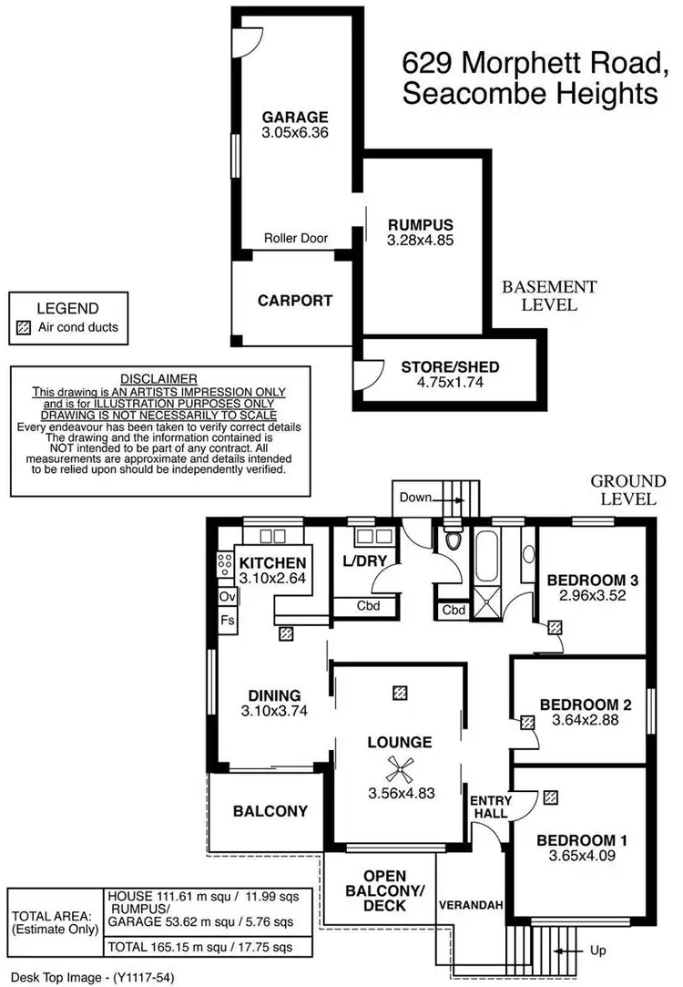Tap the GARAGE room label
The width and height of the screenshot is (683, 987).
tap(295, 117)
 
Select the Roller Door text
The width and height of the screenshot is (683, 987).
tap(296, 238)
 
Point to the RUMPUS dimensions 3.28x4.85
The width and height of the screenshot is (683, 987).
tap(421, 241)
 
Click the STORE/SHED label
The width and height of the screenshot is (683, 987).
tap(450, 367)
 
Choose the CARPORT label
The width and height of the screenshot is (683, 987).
tap(294, 300)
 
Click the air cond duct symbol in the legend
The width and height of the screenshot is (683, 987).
tap(25, 327)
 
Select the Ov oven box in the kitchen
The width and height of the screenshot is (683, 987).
tap(227, 597)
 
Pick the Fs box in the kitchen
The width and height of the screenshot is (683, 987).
tap(227, 620)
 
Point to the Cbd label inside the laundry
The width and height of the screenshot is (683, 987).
tap(367, 605)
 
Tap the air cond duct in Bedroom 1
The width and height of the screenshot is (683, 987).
tap(549, 797)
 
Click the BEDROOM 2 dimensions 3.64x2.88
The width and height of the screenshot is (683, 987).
tap(585, 720)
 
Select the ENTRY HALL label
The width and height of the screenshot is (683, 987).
tap(491, 807)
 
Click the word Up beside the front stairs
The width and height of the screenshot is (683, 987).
tap(598, 951)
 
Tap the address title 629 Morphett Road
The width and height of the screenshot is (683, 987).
tap(534, 64)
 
